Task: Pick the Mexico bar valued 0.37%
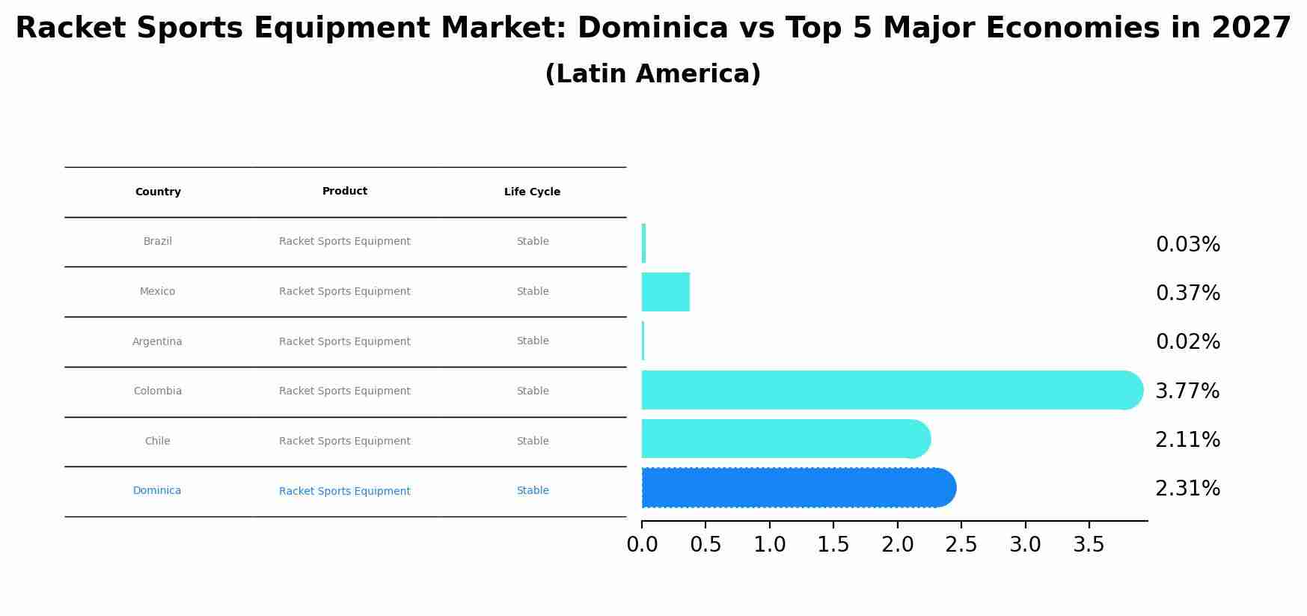click(x=665, y=292)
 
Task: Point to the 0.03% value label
click(x=1187, y=245)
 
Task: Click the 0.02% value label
click(x=1187, y=342)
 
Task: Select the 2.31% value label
click(x=1187, y=489)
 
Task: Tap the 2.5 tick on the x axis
click(x=961, y=545)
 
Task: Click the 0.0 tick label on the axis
click(x=642, y=545)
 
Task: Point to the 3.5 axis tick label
click(x=1089, y=545)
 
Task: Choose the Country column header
click(x=158, y=192)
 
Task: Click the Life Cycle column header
click(x=532, y=192)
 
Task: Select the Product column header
click(x=345, y=192)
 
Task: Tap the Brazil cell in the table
click(x=158, y=242)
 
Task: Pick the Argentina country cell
click(x=157, y=342)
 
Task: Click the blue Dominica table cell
click(x=157, y=491)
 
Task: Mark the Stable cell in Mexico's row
click(x=533, y=292)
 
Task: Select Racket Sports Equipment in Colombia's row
click(x=345, y=391)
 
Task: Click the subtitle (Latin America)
click(x=652, y=75)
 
